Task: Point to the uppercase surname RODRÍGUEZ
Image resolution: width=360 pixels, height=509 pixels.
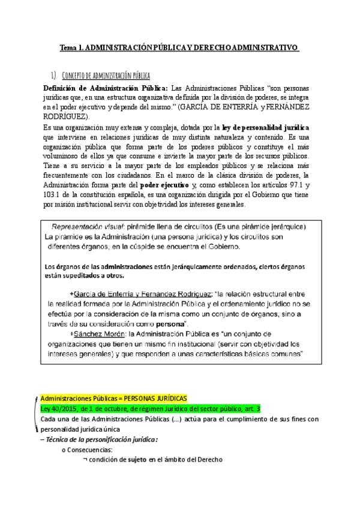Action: [x=65, y=116]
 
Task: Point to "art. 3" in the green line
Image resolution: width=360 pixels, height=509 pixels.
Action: [x=250, y=409]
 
